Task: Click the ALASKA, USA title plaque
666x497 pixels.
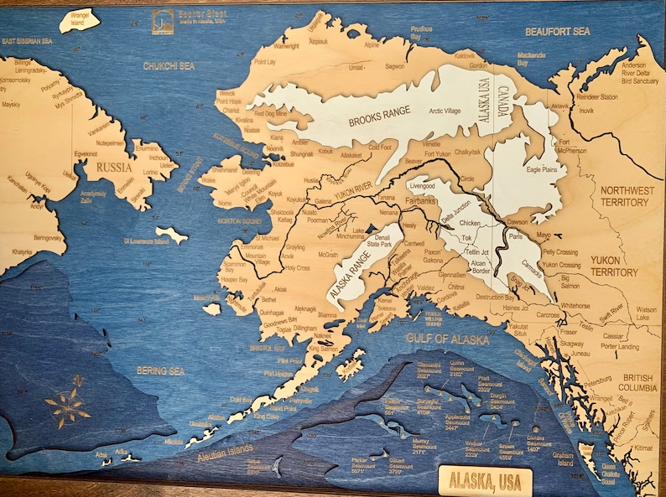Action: (485, 481)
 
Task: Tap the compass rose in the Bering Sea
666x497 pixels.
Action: (68, 406)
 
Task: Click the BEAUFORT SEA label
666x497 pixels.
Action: (559, 31)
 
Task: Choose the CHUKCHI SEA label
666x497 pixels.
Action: (169, 65)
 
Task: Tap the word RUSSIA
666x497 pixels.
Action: (116, 166)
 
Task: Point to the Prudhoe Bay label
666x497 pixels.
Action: (421, 33)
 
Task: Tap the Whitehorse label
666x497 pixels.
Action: (575, 306)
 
